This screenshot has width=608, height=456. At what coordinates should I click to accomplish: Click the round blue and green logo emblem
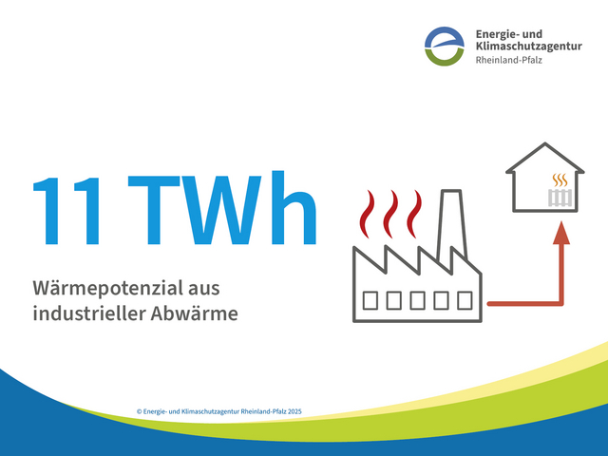[445, 46]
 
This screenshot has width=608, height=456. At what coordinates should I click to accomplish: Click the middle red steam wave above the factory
[390, 212]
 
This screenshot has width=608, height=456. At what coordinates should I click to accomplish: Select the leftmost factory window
[371, 300]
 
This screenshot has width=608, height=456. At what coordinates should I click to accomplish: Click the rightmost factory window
[465, 300]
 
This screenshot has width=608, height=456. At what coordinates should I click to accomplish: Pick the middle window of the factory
[418, 300]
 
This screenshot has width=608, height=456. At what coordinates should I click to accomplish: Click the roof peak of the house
[544, 146]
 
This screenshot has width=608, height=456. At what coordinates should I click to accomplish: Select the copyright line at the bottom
[219, 411]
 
